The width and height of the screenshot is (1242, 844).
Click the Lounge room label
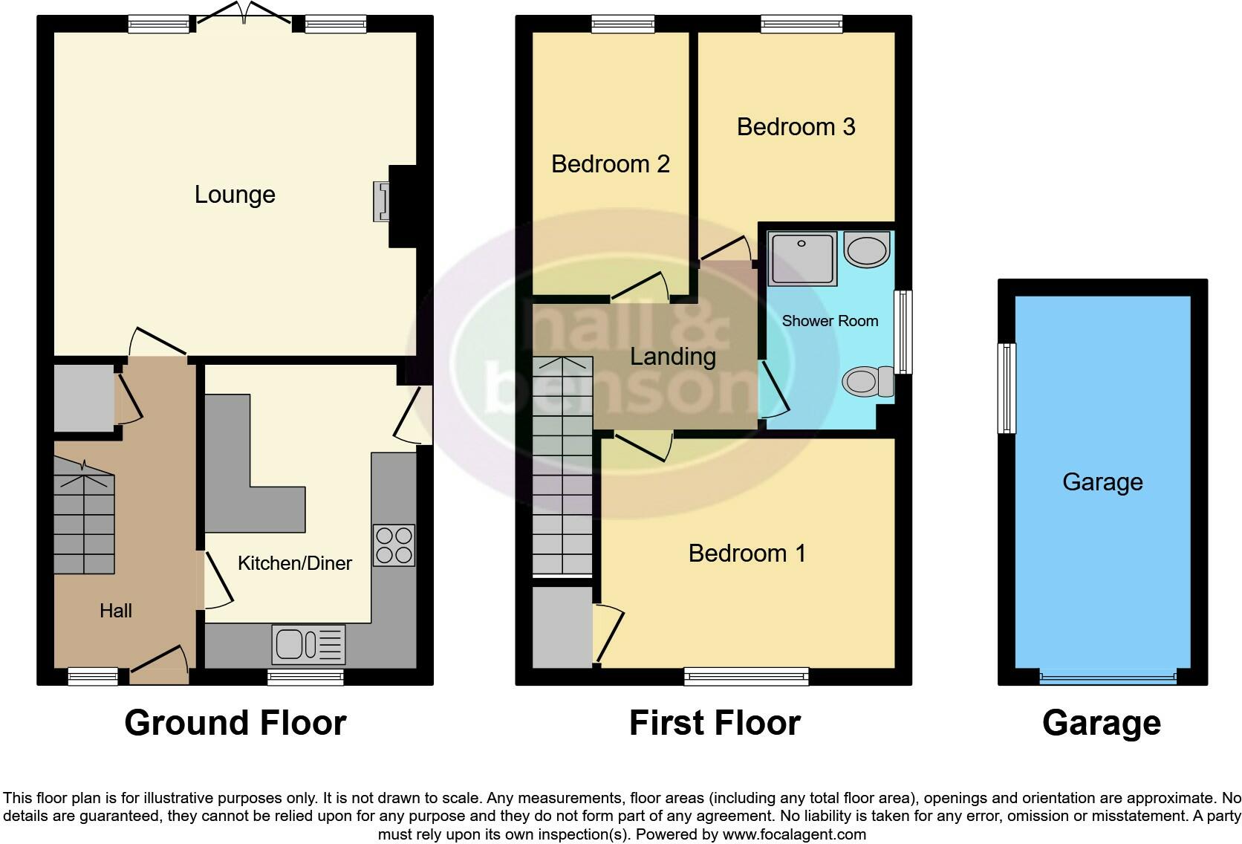click(235, 195)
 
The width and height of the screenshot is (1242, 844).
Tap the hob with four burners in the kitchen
click(394, 545)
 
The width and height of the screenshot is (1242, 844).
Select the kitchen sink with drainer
click(308, 644)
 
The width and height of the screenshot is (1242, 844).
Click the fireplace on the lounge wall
click(382, 201)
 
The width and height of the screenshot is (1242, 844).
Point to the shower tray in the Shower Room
click(802, 259)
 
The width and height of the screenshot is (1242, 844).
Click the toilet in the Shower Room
click(868, 382)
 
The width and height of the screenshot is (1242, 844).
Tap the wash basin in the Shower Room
click(867, 250)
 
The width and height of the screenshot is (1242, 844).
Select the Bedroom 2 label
click(611, 164)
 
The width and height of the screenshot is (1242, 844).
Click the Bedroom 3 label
click(796, 127)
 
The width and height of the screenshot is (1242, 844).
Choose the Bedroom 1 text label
click(747, 554)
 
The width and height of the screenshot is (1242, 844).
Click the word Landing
click(673, 357)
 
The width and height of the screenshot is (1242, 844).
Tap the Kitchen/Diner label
click(295, 563)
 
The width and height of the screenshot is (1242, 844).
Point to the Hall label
click(116, 611)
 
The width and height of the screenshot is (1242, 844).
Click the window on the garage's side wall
click(1007, 388)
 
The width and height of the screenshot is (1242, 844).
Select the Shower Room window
click(903, 331)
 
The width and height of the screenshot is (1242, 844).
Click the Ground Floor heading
click(235, 723)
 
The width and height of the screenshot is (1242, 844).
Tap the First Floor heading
click(715, 723)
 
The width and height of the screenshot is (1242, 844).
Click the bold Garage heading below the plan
click(1102, 724)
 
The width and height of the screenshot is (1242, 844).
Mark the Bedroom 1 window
click(747, 677)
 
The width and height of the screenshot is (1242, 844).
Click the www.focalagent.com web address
click(793, 834)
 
